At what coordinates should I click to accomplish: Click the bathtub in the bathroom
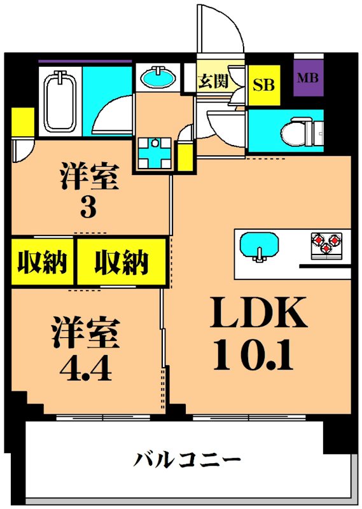[59, 102]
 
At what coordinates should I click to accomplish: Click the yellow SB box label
[265, 85]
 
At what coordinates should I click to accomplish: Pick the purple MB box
[310, 80]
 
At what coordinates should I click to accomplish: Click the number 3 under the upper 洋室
[88, 207]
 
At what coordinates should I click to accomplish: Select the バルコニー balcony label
[188, 458]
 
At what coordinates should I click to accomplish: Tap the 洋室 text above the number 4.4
[85, 333]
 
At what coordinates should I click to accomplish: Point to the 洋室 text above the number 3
[89, 176]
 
